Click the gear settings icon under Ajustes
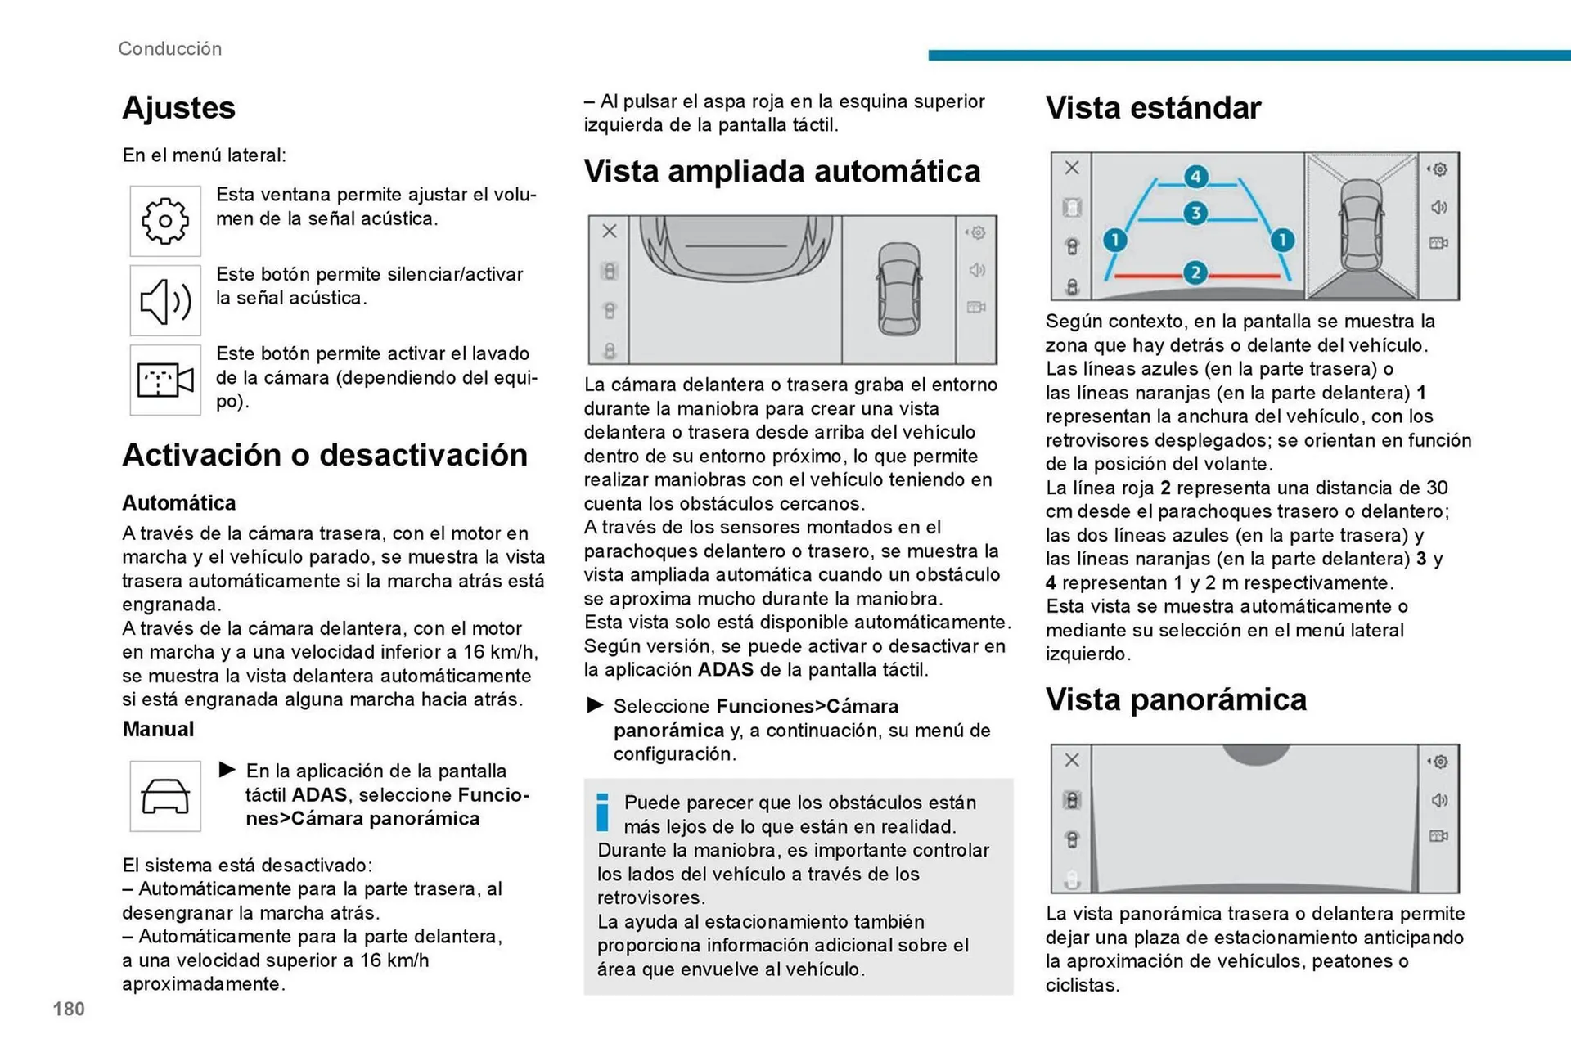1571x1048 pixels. pyautogui.click(x=165, y=221)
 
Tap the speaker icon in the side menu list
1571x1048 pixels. pyautogui.click(x=165, y=300)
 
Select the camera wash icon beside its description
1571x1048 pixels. pyautogui.click(x=165, y=380)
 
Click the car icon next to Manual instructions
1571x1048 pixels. pyautogui.click(x=165, y=796)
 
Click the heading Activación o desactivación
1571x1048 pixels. pyautogui.click(x=325, y=455)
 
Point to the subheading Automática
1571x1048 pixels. pyautogui.click(x=178, y=502)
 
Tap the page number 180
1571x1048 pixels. pyautogui.click(x=69, y=1009)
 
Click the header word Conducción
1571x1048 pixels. pyautogui.click(x=169, y=48)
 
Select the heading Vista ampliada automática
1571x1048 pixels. pyautogui.click(x=781, y=171)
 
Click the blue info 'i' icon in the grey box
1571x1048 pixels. pyautogui.click(x=603, y=812)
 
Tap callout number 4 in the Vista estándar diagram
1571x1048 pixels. pyautogui.click(x=1195, y=177)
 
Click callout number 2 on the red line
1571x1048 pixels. pyautogui.click(x=1195, y=272)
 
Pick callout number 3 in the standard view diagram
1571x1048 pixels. pyautogui.click(x=1195, y=214)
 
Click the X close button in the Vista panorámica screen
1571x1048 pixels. pyautogui.click(x=1072, y=760)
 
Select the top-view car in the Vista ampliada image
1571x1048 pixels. pyautogui.click(x=898, y=289)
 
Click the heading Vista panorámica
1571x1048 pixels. pyautogui.click(x=1176, y=699)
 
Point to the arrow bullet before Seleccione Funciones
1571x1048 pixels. pyautogui.click(x=596, y=705)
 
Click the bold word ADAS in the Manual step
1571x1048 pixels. pyautogui.click(x=319, y=794)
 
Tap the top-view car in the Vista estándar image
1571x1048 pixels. pyautogui.click(x=1361, y=226)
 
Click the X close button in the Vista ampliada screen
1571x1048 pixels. pyautogui.click(x=610, y=232)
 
